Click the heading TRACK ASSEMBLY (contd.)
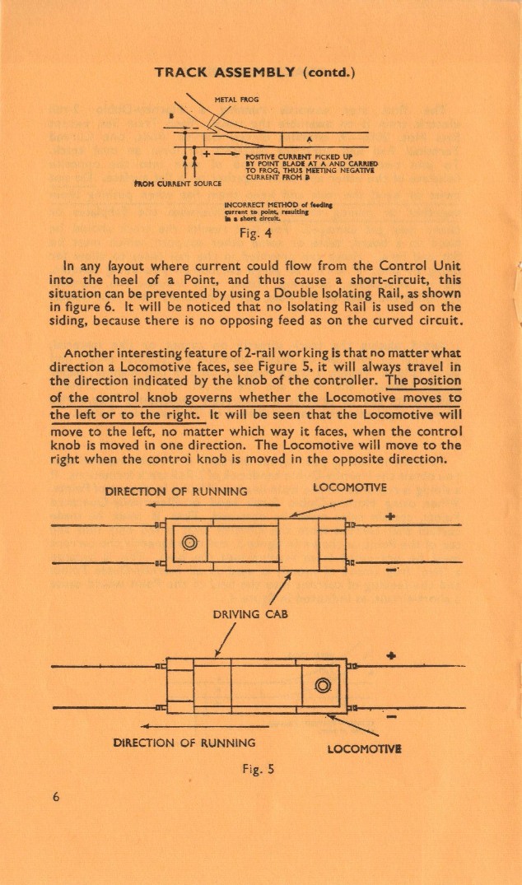[x=254, y=72]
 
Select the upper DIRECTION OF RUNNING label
[x=176, y=491]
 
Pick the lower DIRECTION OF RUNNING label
[x=184, y=742]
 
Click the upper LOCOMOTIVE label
[x=350, y=487]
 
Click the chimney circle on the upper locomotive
[x=190, y=542]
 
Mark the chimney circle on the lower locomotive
[x=322, y=684]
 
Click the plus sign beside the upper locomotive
[x=390, y=517]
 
